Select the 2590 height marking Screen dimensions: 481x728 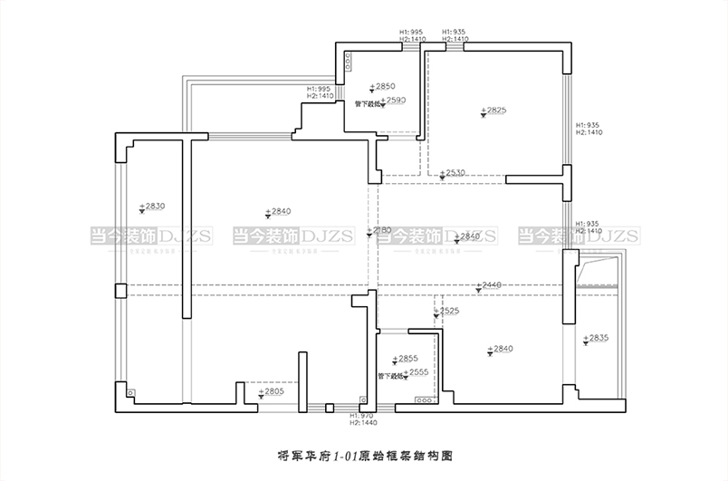pos(393,101)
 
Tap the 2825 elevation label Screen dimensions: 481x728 pos(494,111)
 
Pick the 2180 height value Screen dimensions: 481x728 pos(380,231)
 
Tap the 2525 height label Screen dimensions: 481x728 pos(448,311)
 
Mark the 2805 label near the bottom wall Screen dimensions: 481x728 pos(270,392)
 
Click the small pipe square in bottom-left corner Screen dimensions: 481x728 pos(131,393)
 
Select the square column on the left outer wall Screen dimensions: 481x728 pos(120,290)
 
